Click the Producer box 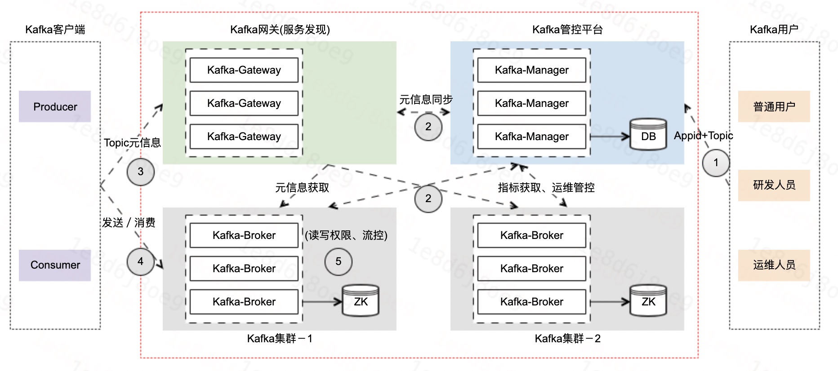pyautogui.click(x=55, y=106)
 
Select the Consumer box pyautogui.click(x=55, y=265)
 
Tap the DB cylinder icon pyautogui.click(x=648, y=135)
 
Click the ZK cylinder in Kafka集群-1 pyautogui.click(x=361, y=301)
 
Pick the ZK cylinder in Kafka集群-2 pyautogui.click(x=648, y=301)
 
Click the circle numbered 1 pyautogui.click(x=716, y=163)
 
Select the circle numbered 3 pyautogui.click(x=140, y=172)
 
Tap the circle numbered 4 pyautogui.click(x=140, y=261)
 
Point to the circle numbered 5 pyautogui.click(x=338, y=261)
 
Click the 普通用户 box pyautogui.click(x=774, y=106)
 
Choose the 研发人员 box pyautogui.click(x=774, y=185)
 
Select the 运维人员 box pyautogui.click(x=774, y=265)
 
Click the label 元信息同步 pyautogui.click(x=426, y=100)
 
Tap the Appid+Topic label pyautogui.click(x=703, y=136)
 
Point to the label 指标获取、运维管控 pyautogui.click(x=546, y=188)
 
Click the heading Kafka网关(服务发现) pyautogui.click(x=280, y=30)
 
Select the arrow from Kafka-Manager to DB pyautogui.click(x=609, y=137)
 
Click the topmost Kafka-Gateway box pyautogui.click(x=244, y=70)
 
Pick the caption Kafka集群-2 pyautogui.click(x=567, y=339)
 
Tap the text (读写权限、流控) pyautogui.click(x=346, y=235)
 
